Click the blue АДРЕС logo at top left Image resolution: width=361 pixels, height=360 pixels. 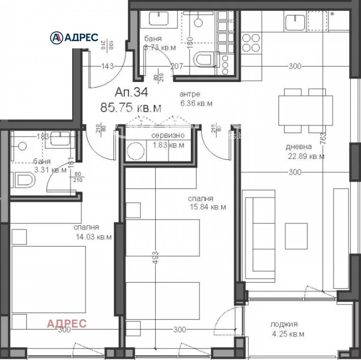point(74,37)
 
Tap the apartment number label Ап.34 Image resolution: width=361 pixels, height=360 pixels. point(131,92)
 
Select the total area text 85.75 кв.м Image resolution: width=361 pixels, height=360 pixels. point(131,108)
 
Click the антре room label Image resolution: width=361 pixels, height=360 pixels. point(190,94)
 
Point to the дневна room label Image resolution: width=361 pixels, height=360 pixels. point(299,147)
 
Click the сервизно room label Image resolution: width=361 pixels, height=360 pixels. point(168,136)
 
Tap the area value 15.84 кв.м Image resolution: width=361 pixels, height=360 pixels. point(208,207)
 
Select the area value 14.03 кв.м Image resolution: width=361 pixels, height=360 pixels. point(93,237)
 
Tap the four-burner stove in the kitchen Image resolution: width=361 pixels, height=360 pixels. point(251,43)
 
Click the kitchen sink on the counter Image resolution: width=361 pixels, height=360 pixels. point(295,22)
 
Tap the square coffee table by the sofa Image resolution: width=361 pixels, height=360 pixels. point(296,236)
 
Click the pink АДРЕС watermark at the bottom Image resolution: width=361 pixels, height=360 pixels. point(67,323)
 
